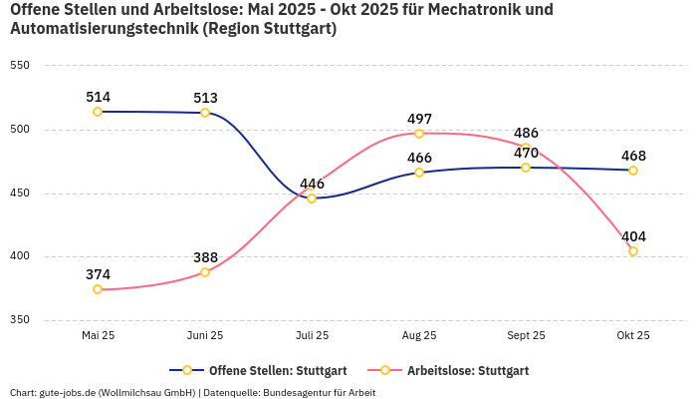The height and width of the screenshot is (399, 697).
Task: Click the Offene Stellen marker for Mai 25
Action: [x=98, y=112]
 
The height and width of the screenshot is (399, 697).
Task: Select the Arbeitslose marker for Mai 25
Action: [x=98, y=289]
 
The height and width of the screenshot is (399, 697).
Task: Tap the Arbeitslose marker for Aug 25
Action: [x=419, y=134]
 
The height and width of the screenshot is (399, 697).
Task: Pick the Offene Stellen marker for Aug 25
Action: [x=419, y=173]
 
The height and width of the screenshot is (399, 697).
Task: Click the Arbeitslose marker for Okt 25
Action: [x=633, y=251]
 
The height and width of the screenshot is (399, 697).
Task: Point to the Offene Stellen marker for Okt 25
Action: [x=633, y=171]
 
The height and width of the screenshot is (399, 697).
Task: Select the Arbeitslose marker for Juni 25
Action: [x=205, y=272]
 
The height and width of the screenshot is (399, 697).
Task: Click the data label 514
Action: [x=98, y=97]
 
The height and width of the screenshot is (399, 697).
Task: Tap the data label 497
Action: [x=419, y=119]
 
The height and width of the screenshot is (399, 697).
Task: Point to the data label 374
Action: [x=98, y=274]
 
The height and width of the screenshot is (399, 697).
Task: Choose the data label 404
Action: [x=633, y=236]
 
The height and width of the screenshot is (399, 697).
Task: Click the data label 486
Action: [x=526, y=133]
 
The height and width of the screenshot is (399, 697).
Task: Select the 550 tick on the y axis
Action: [x=20, y=66]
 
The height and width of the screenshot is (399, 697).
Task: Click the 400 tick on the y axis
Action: [x=20, y=256]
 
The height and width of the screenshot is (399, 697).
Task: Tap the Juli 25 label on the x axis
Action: [x=312, y=335]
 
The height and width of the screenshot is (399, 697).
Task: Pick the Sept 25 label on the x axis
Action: [x=526, y=335]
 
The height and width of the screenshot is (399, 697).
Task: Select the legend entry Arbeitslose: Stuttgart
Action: [x=467, y=371]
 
